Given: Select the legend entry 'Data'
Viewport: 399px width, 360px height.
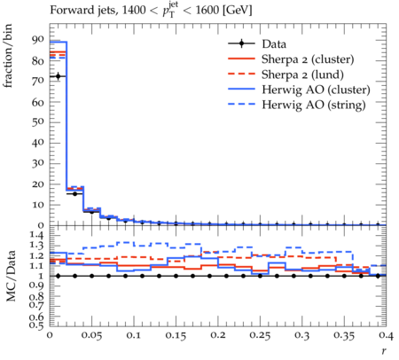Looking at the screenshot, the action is (274, 44).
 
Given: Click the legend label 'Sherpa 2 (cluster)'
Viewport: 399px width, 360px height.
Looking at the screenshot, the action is (308, 59).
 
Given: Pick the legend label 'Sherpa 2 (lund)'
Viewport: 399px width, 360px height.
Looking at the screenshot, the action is (302, 74).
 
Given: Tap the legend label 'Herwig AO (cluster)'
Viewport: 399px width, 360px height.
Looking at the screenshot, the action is (316, 90).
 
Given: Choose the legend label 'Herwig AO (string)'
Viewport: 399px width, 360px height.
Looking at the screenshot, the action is (314, 105).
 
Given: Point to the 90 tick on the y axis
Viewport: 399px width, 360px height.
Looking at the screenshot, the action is (37, 39).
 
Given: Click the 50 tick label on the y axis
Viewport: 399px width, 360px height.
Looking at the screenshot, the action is (37, 121).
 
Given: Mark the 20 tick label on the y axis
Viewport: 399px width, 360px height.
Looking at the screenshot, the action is (37, 184).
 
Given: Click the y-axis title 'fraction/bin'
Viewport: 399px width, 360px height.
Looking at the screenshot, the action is (8, 56).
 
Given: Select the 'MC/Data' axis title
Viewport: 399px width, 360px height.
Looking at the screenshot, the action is (11, 276).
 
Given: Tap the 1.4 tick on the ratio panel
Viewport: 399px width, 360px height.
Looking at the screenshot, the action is (37, 236).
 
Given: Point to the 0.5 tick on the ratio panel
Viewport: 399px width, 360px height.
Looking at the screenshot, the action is (37, 325).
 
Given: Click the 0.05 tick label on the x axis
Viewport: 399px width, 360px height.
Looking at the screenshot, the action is (91, 335).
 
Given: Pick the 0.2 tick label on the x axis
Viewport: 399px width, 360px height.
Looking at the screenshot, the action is (218, 335).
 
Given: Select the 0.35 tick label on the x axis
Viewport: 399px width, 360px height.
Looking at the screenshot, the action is (344, 335).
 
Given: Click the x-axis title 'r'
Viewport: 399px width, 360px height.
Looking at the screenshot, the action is (383, 351).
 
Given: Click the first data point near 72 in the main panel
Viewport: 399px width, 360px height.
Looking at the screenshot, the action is (59, 76).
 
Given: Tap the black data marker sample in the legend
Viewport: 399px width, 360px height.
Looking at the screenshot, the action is (241, 43).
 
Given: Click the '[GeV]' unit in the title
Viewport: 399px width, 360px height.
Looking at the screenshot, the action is (237, 11).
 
